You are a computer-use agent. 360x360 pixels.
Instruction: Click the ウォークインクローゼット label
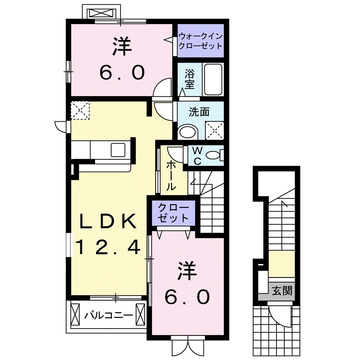tap(201, 41)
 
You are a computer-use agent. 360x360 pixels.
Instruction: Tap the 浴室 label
tap(190, 80)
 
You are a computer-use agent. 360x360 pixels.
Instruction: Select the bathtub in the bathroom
tap(213, 80)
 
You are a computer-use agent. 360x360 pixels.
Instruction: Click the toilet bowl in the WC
tap(214, 155)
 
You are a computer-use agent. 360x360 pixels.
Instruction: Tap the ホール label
tap(171, 175)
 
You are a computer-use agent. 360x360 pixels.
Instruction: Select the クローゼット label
tap(174, 213)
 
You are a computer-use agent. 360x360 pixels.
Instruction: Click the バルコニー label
tap(108, 316)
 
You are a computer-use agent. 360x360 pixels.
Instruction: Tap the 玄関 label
tap(282, 289)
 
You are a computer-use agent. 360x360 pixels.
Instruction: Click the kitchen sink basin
tap(118, 149)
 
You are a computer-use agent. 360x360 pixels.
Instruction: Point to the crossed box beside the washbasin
tap(214, 130)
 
